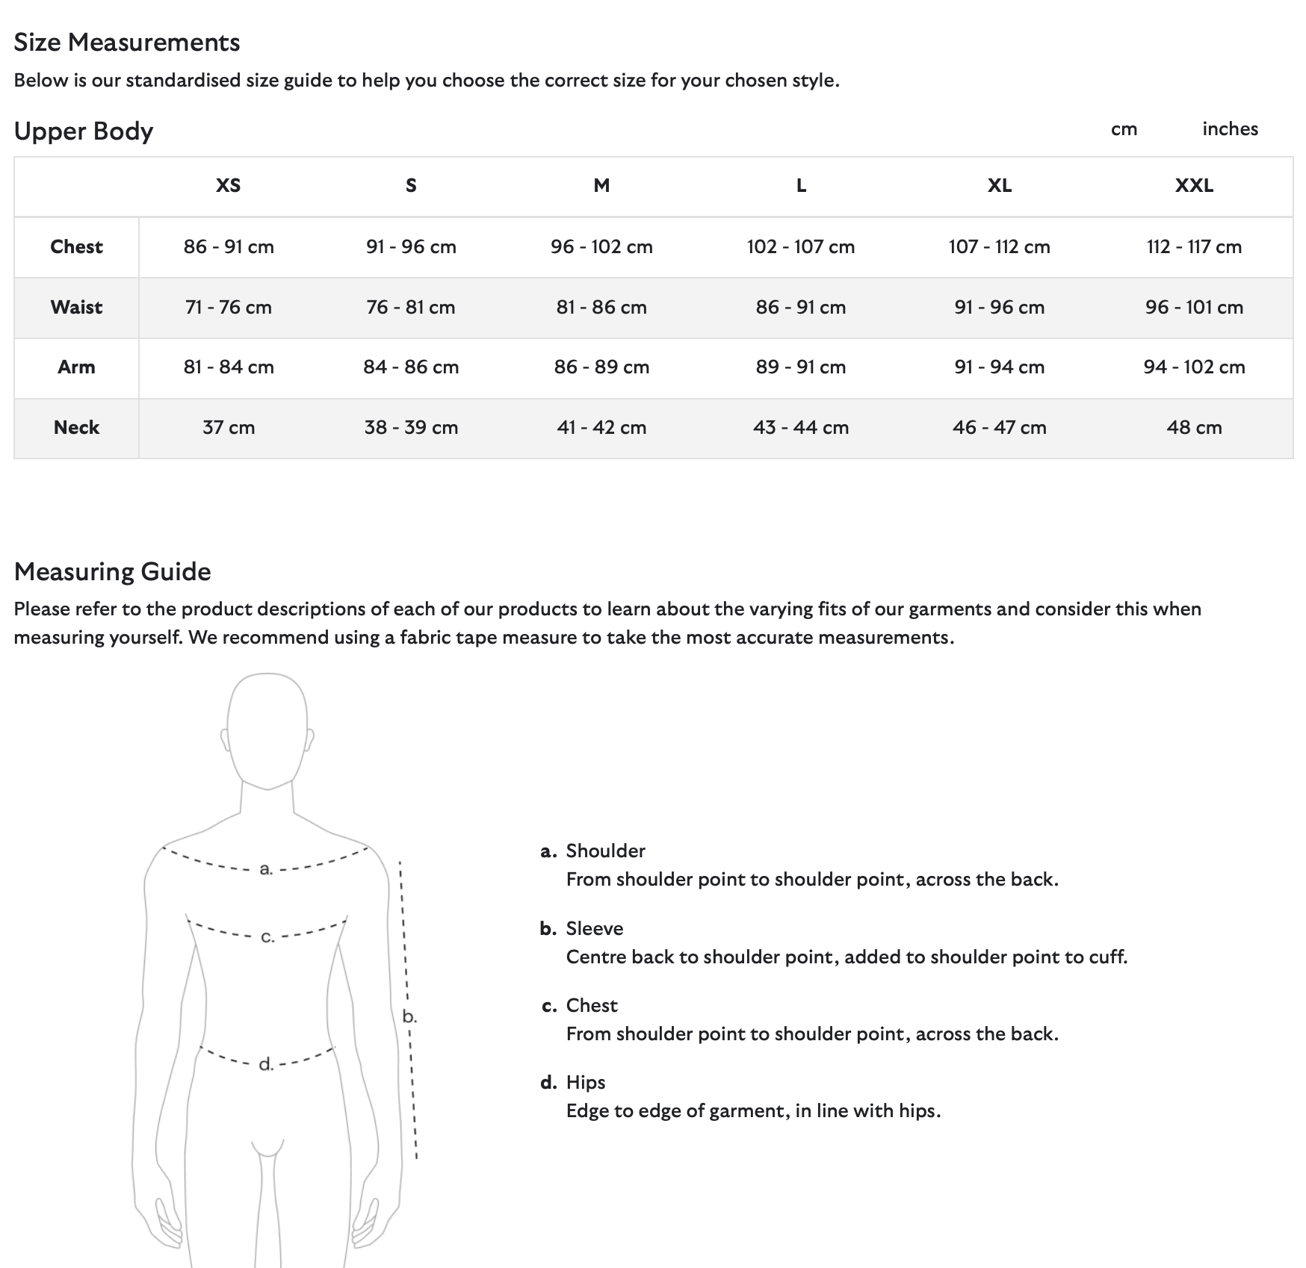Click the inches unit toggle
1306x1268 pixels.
coord(1229,129)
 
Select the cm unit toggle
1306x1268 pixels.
coord(1124,129)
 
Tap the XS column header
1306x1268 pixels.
coord(228,185)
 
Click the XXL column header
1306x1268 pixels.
coord(1193,185)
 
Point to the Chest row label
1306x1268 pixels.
coord(76,246)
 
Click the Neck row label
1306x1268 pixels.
coord(76,427)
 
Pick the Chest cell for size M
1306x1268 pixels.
coord(601,246)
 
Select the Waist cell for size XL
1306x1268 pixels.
coord(999,307)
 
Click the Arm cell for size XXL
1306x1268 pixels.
coord(1193,367)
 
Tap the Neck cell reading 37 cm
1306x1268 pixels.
coord(228,427)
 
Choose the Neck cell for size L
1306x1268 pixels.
coord(800,427)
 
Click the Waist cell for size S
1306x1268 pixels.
coord(410,307)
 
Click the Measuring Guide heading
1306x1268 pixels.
coord(112,571)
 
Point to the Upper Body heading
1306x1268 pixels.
coord(84,131)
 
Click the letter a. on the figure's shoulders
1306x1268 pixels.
coord(266,868)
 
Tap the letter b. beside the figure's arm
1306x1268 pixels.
coord(409,1016)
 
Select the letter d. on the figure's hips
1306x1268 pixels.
coord(266,1064)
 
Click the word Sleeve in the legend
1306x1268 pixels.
coord(594,928)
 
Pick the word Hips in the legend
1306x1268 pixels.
coord(585,1082)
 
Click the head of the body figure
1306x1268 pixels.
coord(267,728)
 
